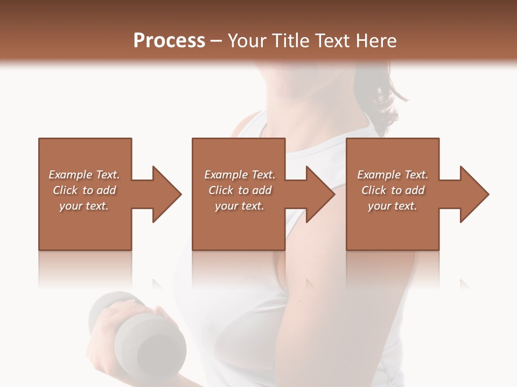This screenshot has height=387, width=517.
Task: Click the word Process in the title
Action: coord(169,41)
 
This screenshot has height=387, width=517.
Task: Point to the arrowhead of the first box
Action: coord(166,194)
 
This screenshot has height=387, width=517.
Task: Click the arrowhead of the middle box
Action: coord(320,194)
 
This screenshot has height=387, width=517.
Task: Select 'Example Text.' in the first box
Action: coord(84,175)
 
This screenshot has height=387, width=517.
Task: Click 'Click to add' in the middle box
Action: coord(240,190)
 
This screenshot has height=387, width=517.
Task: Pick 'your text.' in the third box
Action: coord(392,206)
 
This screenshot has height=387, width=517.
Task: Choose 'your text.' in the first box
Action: coord(84,206)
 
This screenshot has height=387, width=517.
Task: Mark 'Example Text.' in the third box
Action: coord(392,175)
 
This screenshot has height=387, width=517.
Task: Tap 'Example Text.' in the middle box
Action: coord(240,175)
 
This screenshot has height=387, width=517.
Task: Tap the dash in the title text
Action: coord(216,41)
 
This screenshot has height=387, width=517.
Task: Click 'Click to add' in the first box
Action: coord(84,190)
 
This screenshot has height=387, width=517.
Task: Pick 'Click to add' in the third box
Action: coord(393,190)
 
